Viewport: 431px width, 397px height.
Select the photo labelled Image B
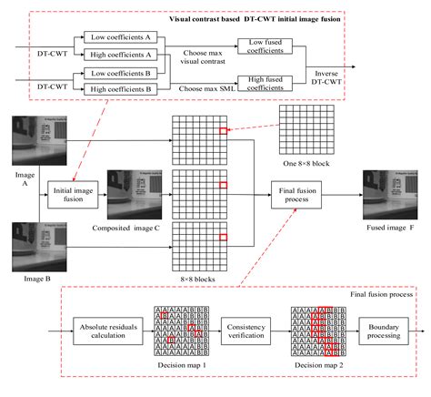[x=25, y=245]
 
